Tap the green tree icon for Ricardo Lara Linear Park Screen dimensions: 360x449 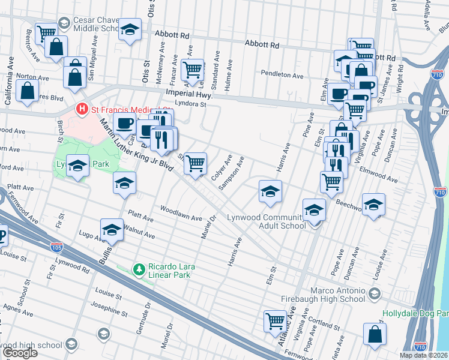click(x=139, y=269)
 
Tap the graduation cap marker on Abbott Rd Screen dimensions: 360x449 click(x=129, y=31)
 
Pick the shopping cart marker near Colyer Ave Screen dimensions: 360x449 click(x=195, y=163)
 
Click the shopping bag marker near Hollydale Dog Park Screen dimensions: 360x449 click(x=375, y=335)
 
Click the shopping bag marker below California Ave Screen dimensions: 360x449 click(x=28, y=91)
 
